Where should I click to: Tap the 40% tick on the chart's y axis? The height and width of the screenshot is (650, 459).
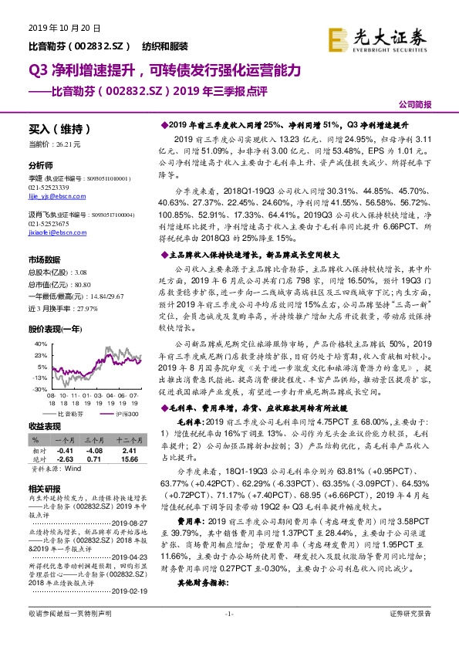pos(39,320)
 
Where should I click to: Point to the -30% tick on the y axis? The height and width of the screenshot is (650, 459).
pos(39,390)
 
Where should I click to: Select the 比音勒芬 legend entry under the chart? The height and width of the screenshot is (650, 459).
pos(75,414)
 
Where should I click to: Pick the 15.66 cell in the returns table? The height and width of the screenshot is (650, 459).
pos(127,457)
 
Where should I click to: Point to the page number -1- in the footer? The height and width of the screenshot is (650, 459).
pos(228,635)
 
